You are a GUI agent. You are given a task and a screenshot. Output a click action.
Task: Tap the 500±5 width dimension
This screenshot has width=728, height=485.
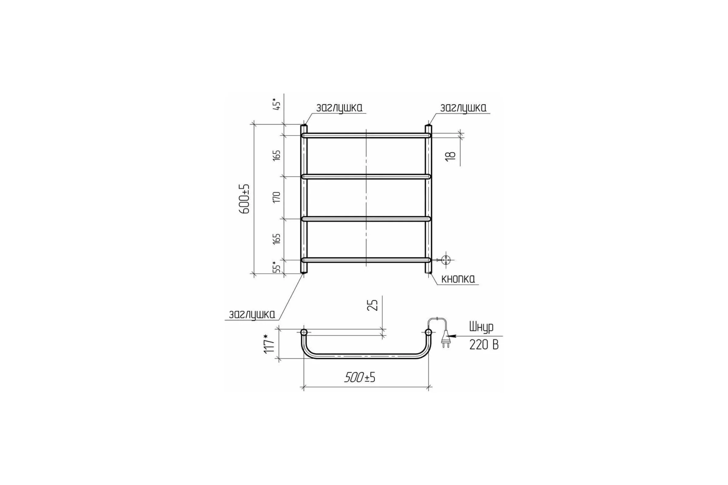pyautogui.click(x=360, y=377)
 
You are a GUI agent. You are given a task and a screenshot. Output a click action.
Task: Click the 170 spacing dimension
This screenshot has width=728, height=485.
pyautogui.click(x=277, y=197)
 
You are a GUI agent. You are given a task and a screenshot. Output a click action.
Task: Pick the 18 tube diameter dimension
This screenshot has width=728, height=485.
pyautogui.click(x=452, y=155)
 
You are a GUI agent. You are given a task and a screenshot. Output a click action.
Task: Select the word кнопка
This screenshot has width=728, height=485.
pyautogui.click(x=458, y=279)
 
